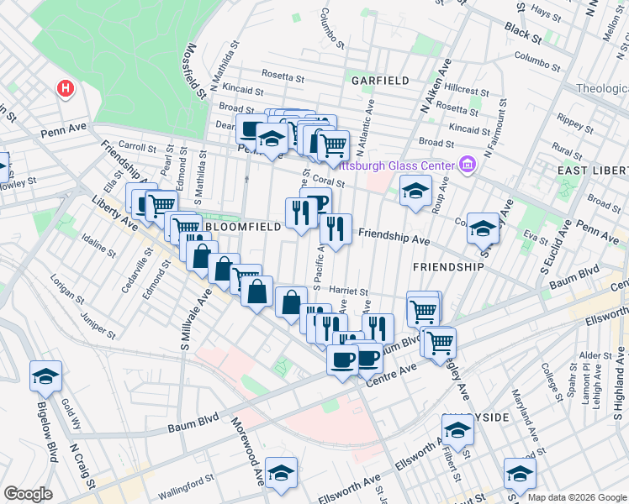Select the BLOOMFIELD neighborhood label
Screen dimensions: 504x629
tap(240, 227)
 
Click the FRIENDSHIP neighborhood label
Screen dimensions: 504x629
tap(448, 266)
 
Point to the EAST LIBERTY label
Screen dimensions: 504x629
tap(595, 171)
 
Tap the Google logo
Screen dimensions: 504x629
tap(28, 494)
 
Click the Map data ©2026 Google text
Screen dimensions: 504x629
tap(577, 497)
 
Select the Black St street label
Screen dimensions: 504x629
tap(523, 34)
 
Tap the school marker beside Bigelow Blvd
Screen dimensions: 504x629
tap(45, 375)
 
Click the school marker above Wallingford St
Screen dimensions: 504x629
tap(281, 471)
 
